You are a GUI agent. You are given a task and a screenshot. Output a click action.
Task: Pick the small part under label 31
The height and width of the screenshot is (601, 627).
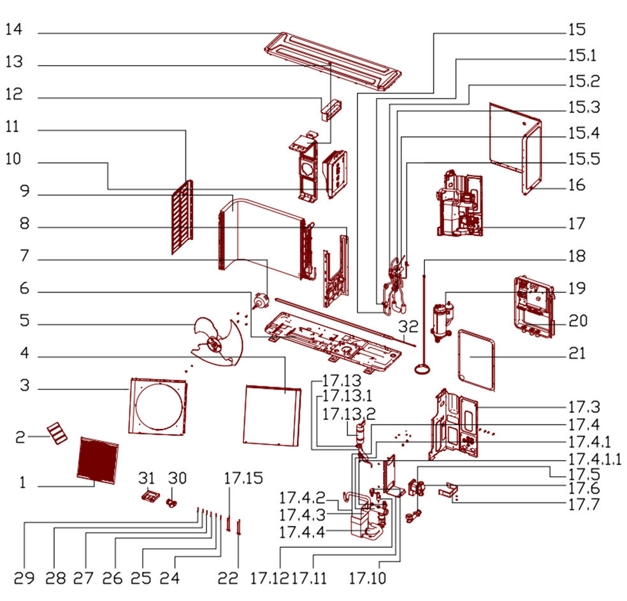coord(150,496)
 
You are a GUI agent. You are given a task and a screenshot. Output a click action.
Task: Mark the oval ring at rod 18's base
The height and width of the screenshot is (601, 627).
coord(422,368)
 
